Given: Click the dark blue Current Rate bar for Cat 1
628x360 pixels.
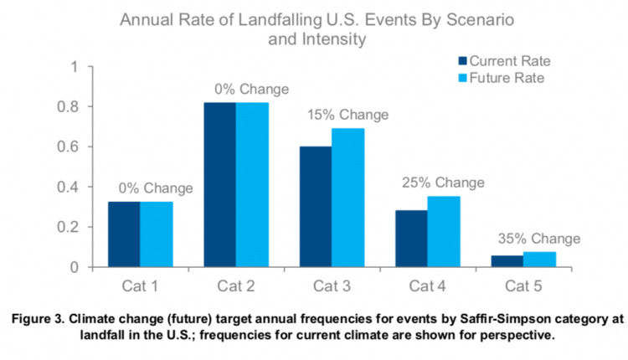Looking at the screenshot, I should tap(123, 234).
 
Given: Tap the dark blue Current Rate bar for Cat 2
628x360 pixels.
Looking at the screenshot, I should tap(219, 184).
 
